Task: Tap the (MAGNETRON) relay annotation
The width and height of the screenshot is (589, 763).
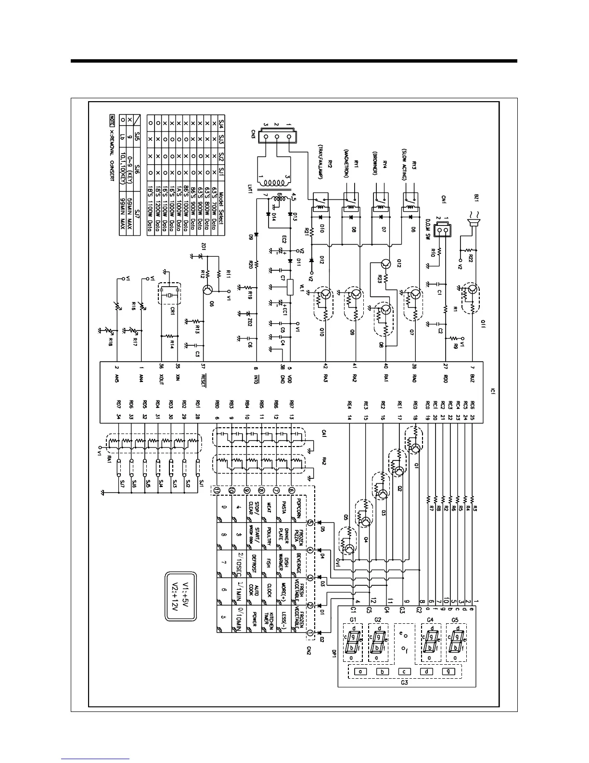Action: pos(346,163)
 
